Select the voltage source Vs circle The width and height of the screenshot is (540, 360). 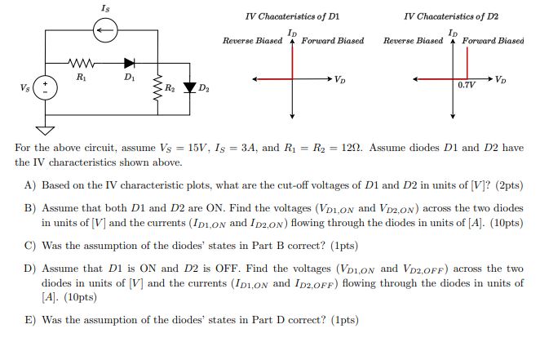46,87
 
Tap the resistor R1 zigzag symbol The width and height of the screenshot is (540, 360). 82,63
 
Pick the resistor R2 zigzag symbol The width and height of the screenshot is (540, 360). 159,87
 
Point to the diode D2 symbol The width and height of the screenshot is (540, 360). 190,87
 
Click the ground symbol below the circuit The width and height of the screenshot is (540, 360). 46,129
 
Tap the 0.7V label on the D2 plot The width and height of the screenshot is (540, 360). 467,85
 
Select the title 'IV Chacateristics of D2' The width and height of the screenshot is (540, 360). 452,17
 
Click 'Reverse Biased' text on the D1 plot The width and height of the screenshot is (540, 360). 252,41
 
